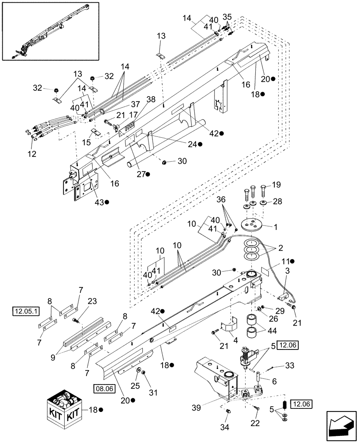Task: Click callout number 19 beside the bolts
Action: pyautogui.click(x=276, y=185)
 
